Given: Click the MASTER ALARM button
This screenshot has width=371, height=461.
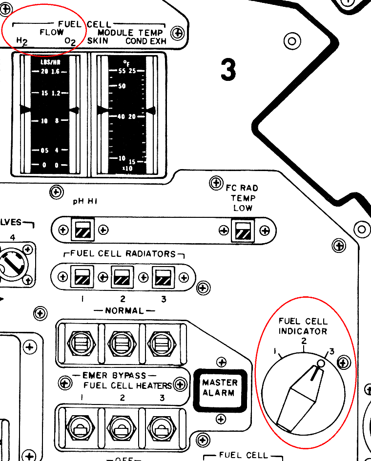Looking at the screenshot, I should tap(220, 388).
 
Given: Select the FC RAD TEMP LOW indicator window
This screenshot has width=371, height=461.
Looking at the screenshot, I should tap(243, 229).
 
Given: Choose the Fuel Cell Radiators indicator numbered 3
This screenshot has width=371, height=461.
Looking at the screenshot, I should tap(162, 277).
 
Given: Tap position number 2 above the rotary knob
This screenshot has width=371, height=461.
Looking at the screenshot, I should tap(304, 342).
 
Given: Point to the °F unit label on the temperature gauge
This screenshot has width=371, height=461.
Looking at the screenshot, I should tap(126, 62).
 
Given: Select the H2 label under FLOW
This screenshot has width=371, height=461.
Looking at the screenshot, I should tap(21, 42).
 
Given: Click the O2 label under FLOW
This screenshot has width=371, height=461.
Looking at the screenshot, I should tap(70, 42).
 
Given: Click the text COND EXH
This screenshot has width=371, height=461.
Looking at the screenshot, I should tap(146, 41).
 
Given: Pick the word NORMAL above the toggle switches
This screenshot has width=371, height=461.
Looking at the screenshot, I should tap(124, 310).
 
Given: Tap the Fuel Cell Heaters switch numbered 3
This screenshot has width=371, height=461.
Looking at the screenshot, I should tap(161, 427).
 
